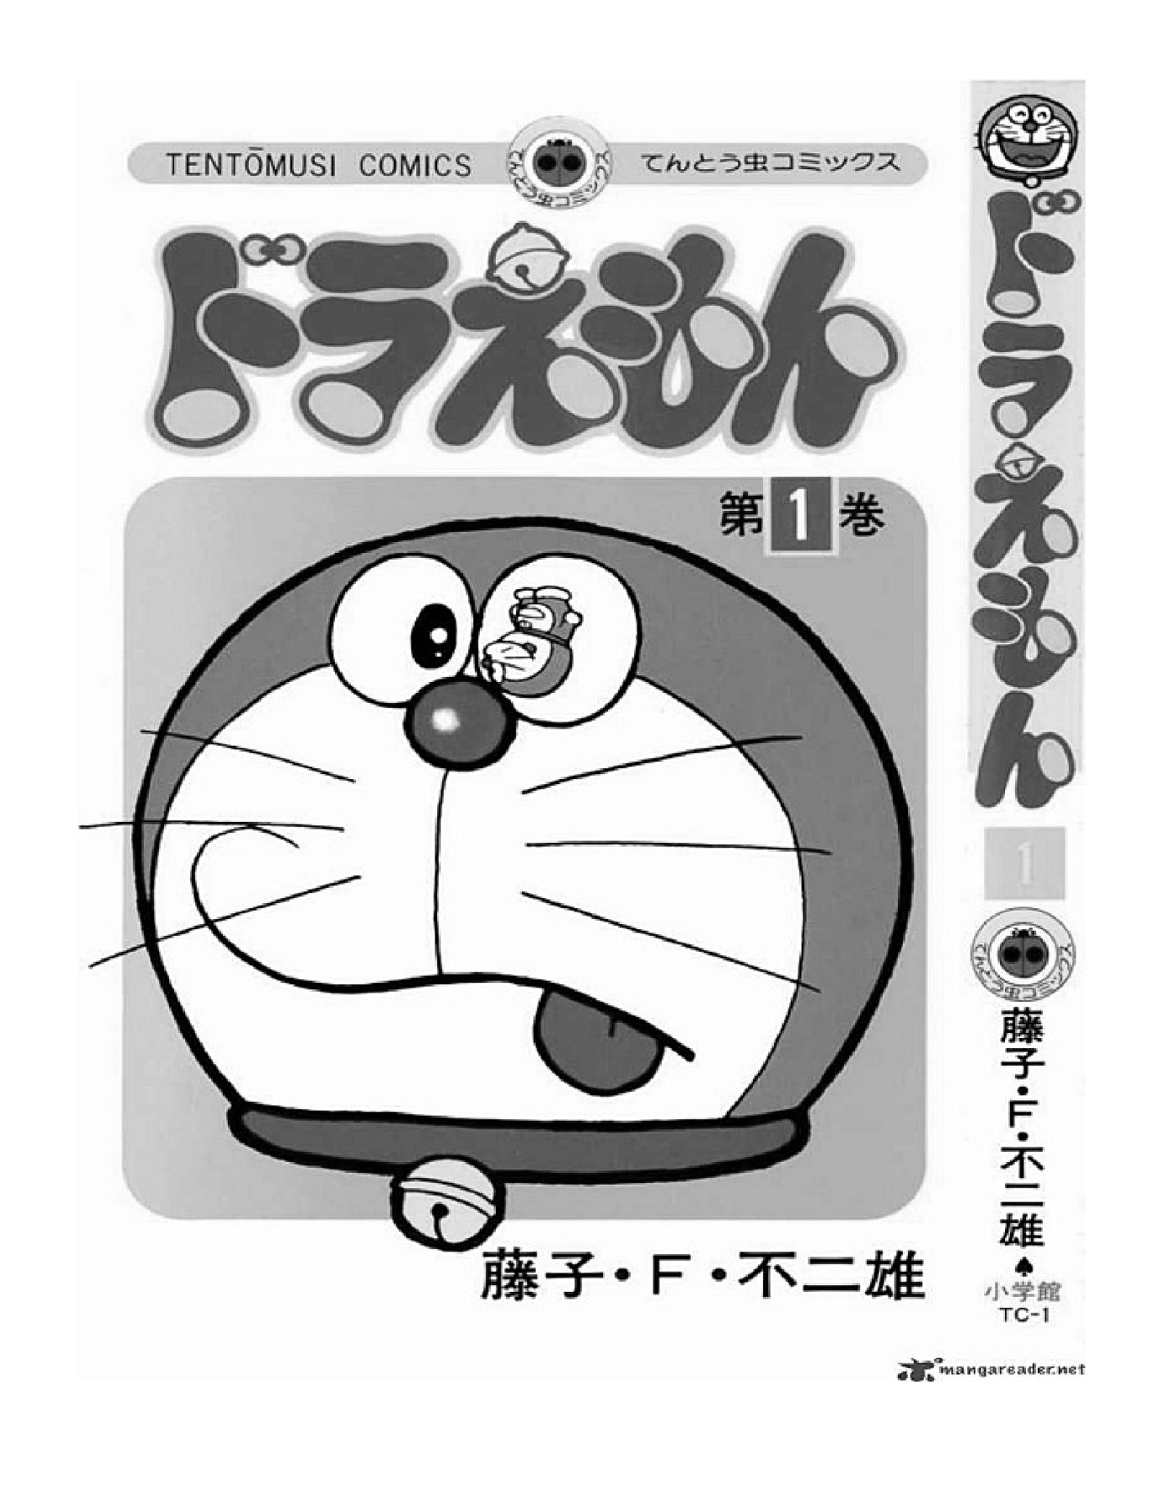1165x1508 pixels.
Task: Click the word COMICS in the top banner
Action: (x=415, y=165)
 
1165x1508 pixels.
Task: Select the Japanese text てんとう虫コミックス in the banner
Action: (x=771, y=163)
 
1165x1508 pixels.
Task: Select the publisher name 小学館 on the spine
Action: (x=1023, y=1291)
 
